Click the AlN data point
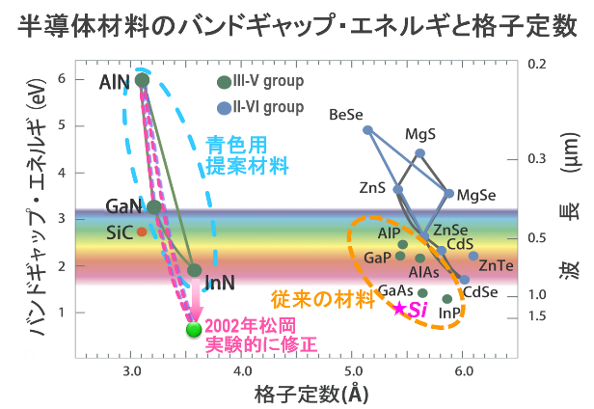(x=142, y=80)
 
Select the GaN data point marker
(x=154, y=207)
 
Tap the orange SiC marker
(x=142, y=232)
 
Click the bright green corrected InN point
(x=194, y=330)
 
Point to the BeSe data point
(x=367, y=130)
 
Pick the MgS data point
(x=419, y=153)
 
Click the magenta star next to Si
(x=399, y=309)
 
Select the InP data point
(x=447, y=299)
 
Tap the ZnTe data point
(x=473, y=256)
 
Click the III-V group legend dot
(x=224, y=82)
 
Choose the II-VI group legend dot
(x=224, y=108)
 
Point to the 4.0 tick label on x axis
(x=243, y=371)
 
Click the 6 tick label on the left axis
(x=62, y=79)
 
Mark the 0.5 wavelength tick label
(x=537, y=238)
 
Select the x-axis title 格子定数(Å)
(x=311, y=395)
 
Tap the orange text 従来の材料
(x=323, y=299)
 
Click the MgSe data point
(x=448, y=193)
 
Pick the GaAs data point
(x=422, y=292)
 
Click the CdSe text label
(x=480, y=292)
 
